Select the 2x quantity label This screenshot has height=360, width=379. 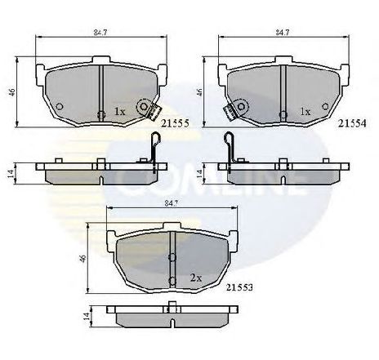194,278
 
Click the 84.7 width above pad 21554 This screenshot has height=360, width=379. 283,33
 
